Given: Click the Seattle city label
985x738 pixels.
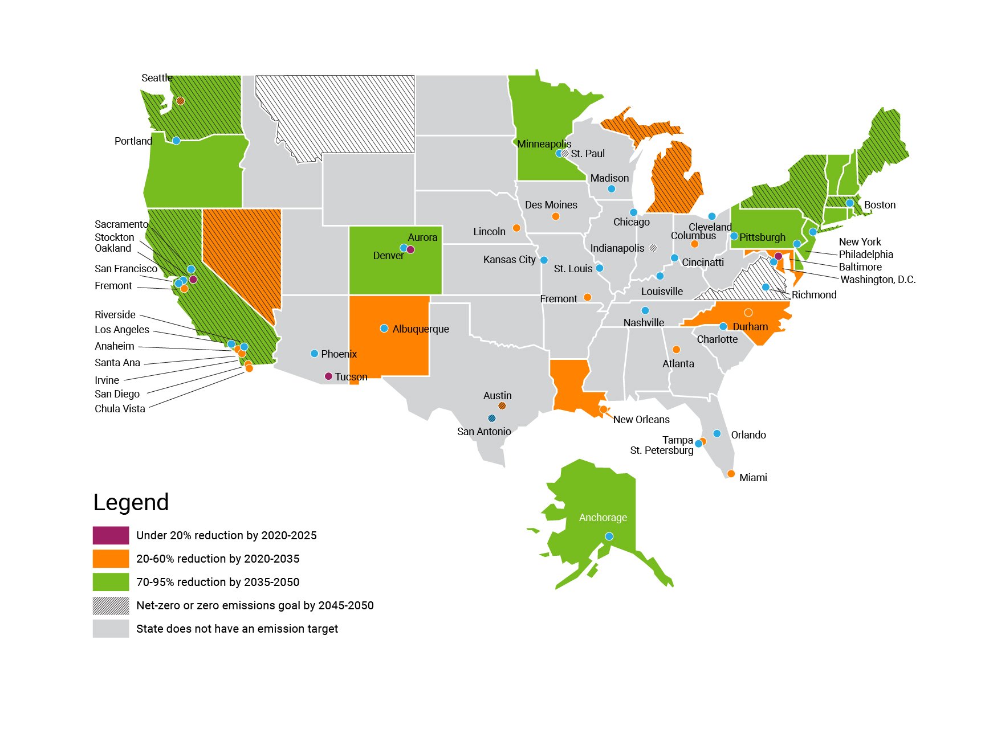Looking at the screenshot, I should point(157,78).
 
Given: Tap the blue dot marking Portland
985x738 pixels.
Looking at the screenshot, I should point(176,141).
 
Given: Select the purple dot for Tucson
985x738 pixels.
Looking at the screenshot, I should point(328,376).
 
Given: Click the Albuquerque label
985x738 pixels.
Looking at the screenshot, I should point(421,329).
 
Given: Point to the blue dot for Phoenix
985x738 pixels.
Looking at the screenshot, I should point(314,354).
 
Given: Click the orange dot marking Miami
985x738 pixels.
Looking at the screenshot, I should point(731,474).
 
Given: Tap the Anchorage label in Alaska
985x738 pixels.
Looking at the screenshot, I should point(603,518).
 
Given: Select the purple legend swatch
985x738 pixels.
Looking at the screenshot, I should point(111,535).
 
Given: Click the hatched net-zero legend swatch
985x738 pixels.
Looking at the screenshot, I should point(111,605).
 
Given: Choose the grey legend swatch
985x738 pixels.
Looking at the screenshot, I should point(111,629).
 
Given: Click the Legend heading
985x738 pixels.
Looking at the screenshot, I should point(131,502).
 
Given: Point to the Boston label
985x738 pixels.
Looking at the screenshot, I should point(880,205).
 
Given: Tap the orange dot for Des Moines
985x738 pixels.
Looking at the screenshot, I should point(555,216).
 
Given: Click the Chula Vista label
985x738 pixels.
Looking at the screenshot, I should point(120,409).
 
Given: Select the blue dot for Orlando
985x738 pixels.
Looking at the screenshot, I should point(717,434).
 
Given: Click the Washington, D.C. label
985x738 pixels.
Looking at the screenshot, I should point(878,280).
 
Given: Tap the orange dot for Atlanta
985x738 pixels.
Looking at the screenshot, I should point(676,350).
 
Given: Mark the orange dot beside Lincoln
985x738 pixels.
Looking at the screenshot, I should point(516,228).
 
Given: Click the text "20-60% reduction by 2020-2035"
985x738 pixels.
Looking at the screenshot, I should point(218,559).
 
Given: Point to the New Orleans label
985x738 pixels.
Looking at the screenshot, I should point(641,420).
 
